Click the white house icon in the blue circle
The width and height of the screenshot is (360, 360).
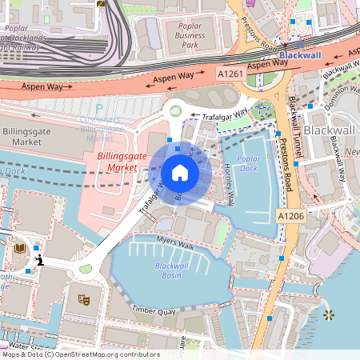pyautogui.click(x=180, y=172)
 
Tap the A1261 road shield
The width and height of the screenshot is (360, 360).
pyautogui.click(x=232, y=74)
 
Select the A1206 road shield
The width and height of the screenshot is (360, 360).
pyautogui.click(x=292, y=215)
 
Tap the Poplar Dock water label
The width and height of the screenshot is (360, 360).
pyautogui.click(x=249, y=164)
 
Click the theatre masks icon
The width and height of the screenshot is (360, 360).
pyautogui.click(x=82, y=299)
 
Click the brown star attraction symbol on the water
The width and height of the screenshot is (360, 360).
pyautogui.click(x=328, y=316)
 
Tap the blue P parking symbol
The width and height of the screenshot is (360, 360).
pyautogui.click(x=99, y=109)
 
